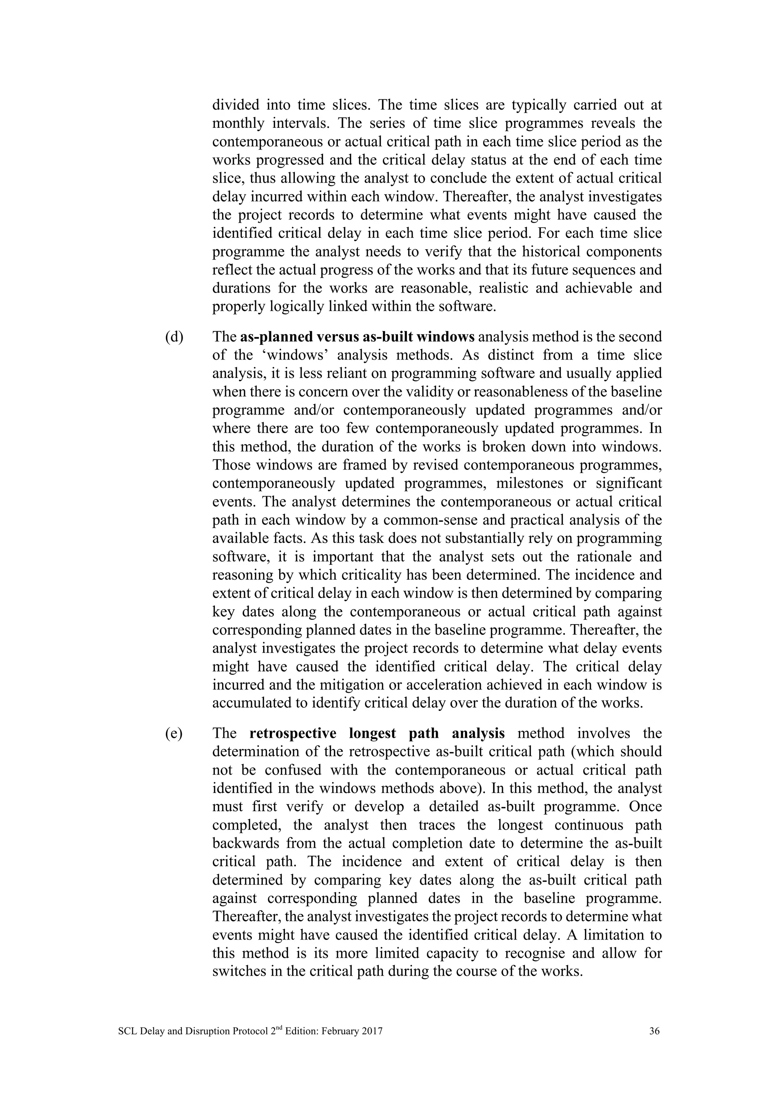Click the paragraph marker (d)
pos(174,337)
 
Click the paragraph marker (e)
pos(174,733)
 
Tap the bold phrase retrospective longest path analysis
pos(377,733)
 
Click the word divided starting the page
pos(235,105)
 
